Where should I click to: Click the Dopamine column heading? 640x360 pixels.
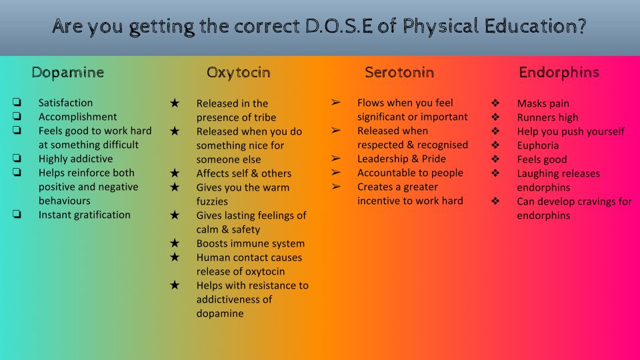point(67,72)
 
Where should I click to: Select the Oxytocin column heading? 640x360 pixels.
point(238,72)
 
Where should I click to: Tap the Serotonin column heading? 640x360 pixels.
point(399,72)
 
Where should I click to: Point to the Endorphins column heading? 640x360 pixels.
point(559,72)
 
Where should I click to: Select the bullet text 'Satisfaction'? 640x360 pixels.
point(65,103)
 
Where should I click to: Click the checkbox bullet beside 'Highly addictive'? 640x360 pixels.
point(16,159)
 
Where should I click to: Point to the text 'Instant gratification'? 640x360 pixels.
point(84,215)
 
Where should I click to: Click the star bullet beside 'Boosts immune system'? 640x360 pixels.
point(175,243)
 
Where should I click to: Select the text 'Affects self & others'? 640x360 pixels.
point(243,173)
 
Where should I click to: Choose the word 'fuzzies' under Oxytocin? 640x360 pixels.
point(212,201)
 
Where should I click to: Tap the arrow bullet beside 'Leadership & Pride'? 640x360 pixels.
point(336,159)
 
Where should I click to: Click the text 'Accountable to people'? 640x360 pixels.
point(410,173)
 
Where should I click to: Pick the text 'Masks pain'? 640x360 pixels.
point(543,103)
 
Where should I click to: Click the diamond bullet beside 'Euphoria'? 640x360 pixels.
point(495,145)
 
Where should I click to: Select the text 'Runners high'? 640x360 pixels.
point(547,117)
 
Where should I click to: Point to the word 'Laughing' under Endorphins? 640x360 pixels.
point(538,173)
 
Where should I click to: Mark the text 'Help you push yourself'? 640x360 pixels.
point(571,131)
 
